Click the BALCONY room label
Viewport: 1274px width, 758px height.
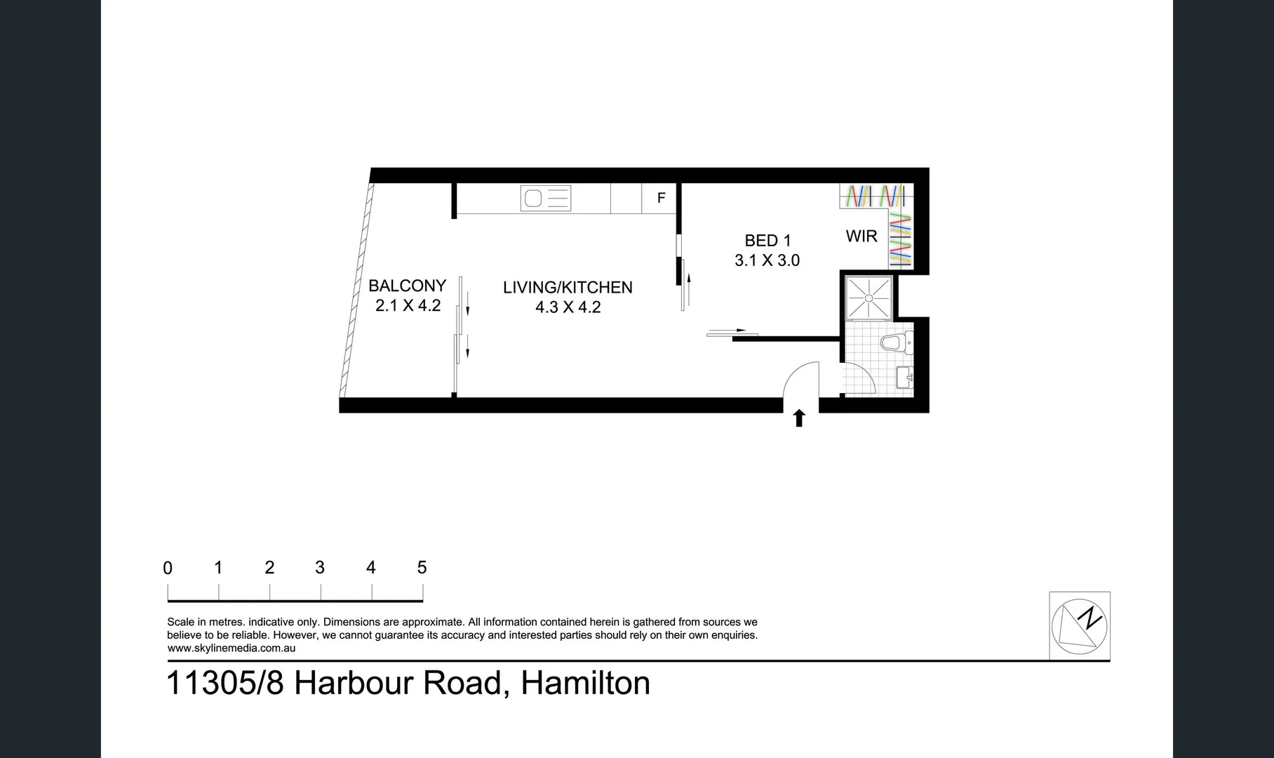click(x=407, y=286)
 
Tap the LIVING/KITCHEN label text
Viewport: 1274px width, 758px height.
click(x=568, y=287)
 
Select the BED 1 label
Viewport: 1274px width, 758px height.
click(x=767, y=241)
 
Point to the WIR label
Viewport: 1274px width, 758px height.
click(x=861, y=237)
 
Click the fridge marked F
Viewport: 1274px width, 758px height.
click(x=661, y=199)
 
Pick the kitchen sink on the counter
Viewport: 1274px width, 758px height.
click(x=545, y=199)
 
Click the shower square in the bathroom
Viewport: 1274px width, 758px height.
click(x=869, y=298)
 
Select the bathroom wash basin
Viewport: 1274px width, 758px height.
click(x=904, y=378)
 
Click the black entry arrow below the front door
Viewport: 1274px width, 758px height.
click(x=798, y=419)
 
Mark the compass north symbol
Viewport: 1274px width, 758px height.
click(x=1079, y=625)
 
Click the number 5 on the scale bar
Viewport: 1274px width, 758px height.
click(x=422, y=567)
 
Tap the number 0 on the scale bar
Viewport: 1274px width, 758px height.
click(x=168, y=568)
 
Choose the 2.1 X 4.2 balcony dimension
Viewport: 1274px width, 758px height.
click(x=408, y=305)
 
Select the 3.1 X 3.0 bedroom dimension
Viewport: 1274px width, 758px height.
click(x=767, y=260)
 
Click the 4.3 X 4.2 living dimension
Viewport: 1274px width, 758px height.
click(x=568, y=307)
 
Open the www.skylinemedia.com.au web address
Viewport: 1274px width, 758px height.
click(x=232, y=648)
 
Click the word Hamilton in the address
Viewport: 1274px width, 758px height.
click(x=585, y=683)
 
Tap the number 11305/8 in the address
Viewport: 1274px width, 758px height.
click(x=225, y=683)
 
